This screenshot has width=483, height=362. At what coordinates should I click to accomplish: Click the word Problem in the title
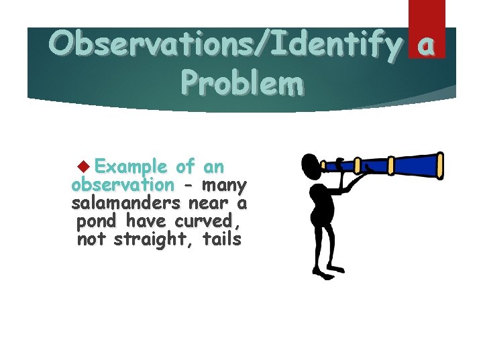tap(241, 84)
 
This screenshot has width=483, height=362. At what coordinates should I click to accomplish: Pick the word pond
tap(97, 221)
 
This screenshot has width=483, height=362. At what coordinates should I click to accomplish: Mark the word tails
tap(220, 239)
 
